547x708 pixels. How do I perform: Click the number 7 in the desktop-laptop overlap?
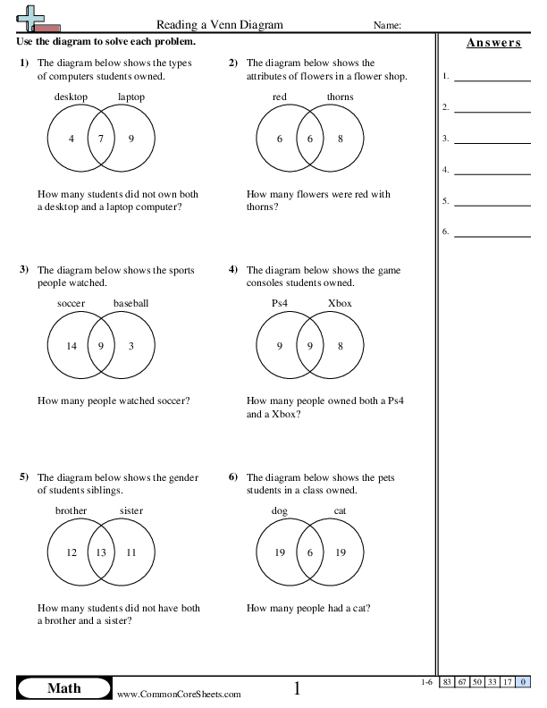click(x=101, y=139)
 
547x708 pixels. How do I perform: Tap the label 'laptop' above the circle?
click(x=131, y=97)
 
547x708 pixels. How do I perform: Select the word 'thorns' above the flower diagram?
click(x=340, y=97)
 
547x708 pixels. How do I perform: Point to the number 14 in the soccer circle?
click(x=72, y=345)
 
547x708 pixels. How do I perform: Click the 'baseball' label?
click(x=130, y=303)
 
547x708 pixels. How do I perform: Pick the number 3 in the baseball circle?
click(x=130, y=345)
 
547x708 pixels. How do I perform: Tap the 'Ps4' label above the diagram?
click(x=280, y=303)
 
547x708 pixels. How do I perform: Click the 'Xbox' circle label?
click(x=340, y=303)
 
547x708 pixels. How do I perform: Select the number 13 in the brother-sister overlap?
click(x=101, y=552)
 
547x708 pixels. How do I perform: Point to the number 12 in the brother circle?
click(x=72, y=552)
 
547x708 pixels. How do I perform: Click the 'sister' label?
click(x=131, y=510)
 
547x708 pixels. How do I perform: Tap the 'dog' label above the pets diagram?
click(x=280, y=510)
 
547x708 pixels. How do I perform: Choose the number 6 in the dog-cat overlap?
click(x=310, y=552)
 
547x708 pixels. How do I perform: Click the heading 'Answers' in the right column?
click(x=493, y=43)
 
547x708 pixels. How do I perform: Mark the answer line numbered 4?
click(x=492, y=171)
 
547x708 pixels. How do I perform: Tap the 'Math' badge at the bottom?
click(x=63, y=687)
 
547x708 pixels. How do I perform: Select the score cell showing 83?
click(x=447, y=683)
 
